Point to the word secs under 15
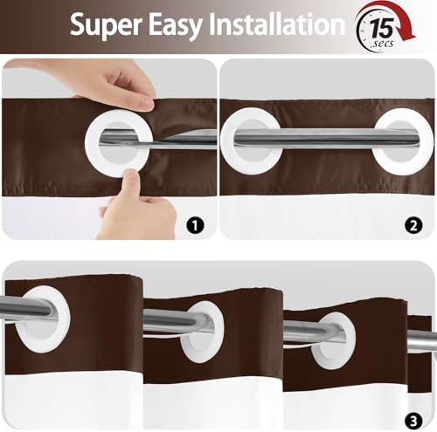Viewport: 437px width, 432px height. [383, 44]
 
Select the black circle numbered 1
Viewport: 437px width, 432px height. [195, 225]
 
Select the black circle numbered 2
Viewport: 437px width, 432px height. [413, 225]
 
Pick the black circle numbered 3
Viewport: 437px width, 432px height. [413, 421]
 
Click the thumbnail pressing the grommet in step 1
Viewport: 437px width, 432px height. [133, 177]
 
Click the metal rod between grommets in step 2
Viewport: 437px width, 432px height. [326, 137]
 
